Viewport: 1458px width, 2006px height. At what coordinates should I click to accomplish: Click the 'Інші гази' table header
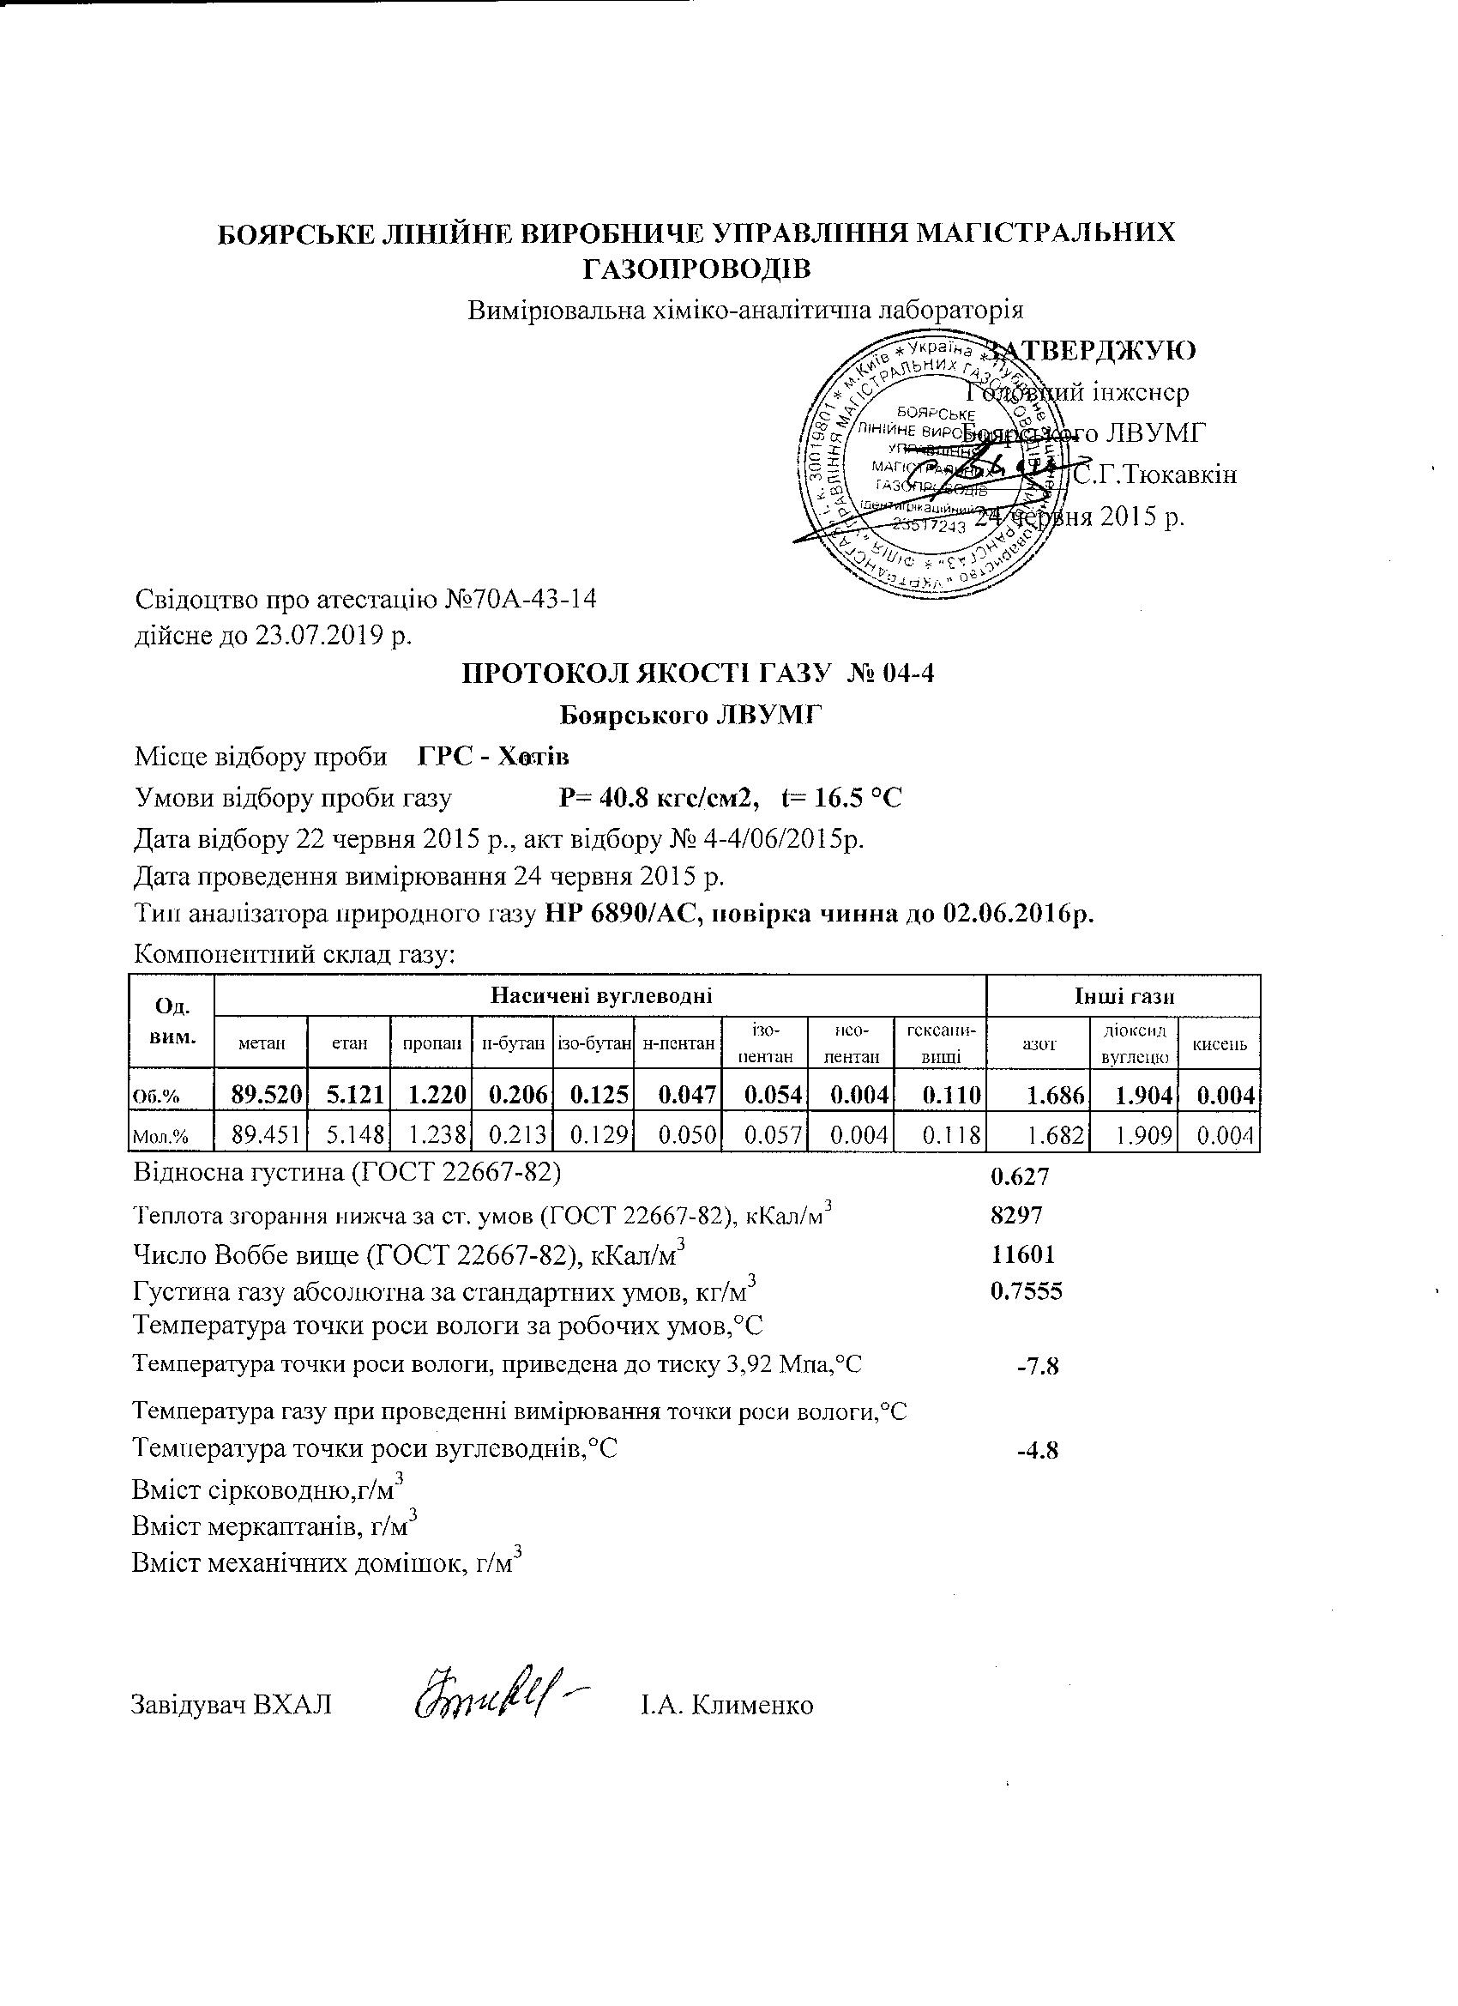point(1124,997)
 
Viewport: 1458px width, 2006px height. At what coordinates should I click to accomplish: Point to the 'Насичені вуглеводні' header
point(601,997)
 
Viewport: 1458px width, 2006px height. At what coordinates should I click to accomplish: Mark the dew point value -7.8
point(1038,1367)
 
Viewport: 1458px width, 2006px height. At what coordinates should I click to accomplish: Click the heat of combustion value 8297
point(1017,1214)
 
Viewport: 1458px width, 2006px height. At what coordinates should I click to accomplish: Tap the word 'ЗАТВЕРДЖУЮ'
point(1093,350)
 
